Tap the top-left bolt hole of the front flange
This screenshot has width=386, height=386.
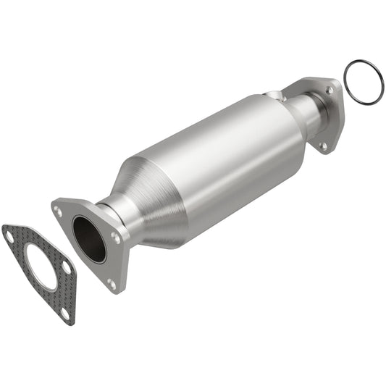(58, 211)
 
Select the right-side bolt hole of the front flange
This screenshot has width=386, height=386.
(116, 237)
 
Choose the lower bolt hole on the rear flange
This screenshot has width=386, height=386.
(323, 146)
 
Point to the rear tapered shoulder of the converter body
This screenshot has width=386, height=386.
(290, 119)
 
